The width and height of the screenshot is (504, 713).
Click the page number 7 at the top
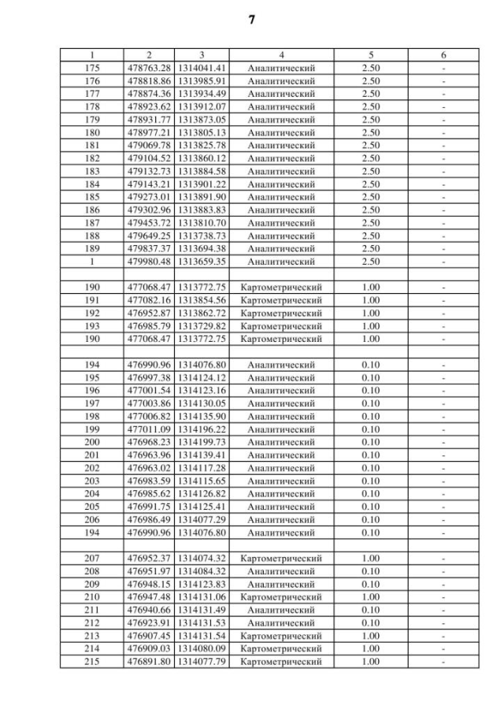[252, 20]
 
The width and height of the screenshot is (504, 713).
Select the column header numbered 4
[281, 55]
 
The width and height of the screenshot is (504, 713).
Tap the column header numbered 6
[443, 55]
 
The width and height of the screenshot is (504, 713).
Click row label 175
[92, 69]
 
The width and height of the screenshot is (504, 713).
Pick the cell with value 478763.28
[149, 69]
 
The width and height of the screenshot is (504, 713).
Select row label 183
[92, 171]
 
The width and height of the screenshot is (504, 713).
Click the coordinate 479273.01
[149, 197]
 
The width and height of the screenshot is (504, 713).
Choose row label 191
[92, 300]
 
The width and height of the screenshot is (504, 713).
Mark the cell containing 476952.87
[149, 313]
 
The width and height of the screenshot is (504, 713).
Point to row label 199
[92, 429]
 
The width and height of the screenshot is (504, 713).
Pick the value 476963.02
[149, 468]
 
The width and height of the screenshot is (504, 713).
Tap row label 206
[92, 519]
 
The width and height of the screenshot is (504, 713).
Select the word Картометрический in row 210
[281, 597]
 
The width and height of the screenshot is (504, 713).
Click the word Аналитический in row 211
[281, 610]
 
